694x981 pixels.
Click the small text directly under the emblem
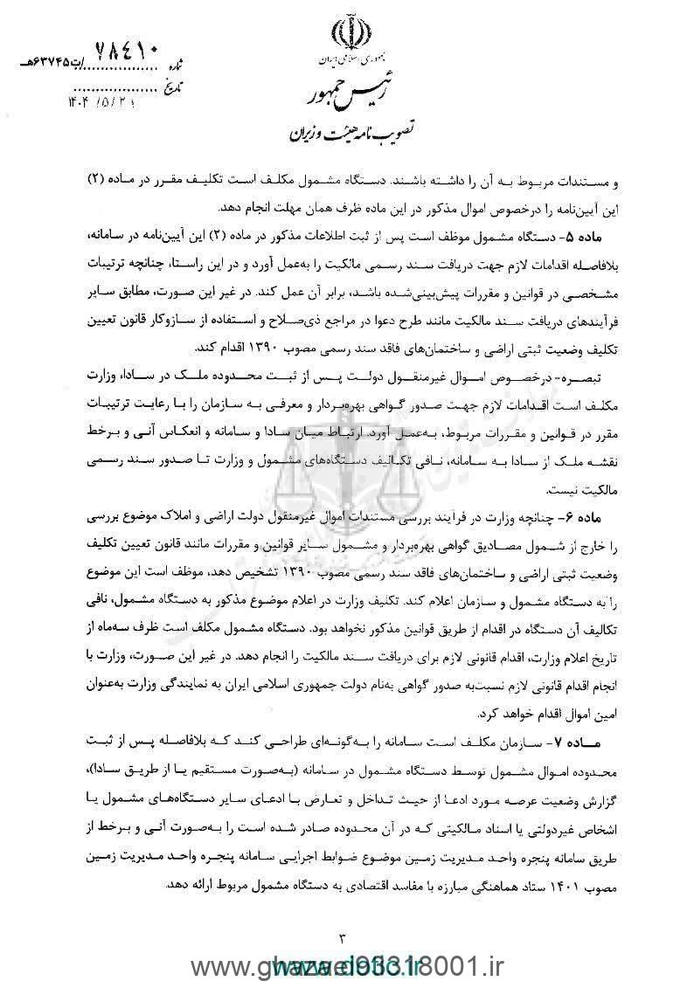coord(348,63)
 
